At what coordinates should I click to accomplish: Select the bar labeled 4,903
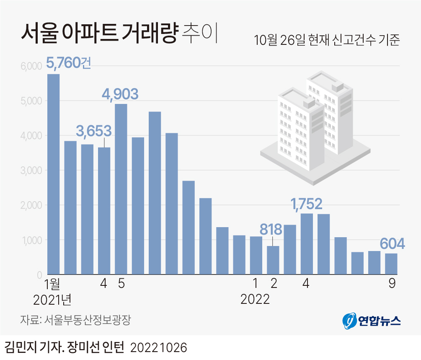[x=121, y=189]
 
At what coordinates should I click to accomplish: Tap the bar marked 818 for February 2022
[x=273, y=260]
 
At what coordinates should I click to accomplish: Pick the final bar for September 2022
[x=391, y=264]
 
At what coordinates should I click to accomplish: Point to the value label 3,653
[x=94, y=131]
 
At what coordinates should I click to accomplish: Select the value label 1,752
[x=307, y=204]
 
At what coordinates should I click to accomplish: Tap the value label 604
[x=392, y=244]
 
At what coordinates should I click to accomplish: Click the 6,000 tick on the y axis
[x=30, y=66]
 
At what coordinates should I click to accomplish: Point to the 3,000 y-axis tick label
[x=30, y=171]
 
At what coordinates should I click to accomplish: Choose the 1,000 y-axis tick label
[x=30, y=240]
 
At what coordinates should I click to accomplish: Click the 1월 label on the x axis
[x=53, y=284]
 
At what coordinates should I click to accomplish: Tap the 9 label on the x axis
[x=392, y=284]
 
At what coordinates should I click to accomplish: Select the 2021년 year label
[x=52, y=300]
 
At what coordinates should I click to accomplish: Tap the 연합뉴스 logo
[x=372, y=321]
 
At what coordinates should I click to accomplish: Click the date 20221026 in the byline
[x=159, y=348]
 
